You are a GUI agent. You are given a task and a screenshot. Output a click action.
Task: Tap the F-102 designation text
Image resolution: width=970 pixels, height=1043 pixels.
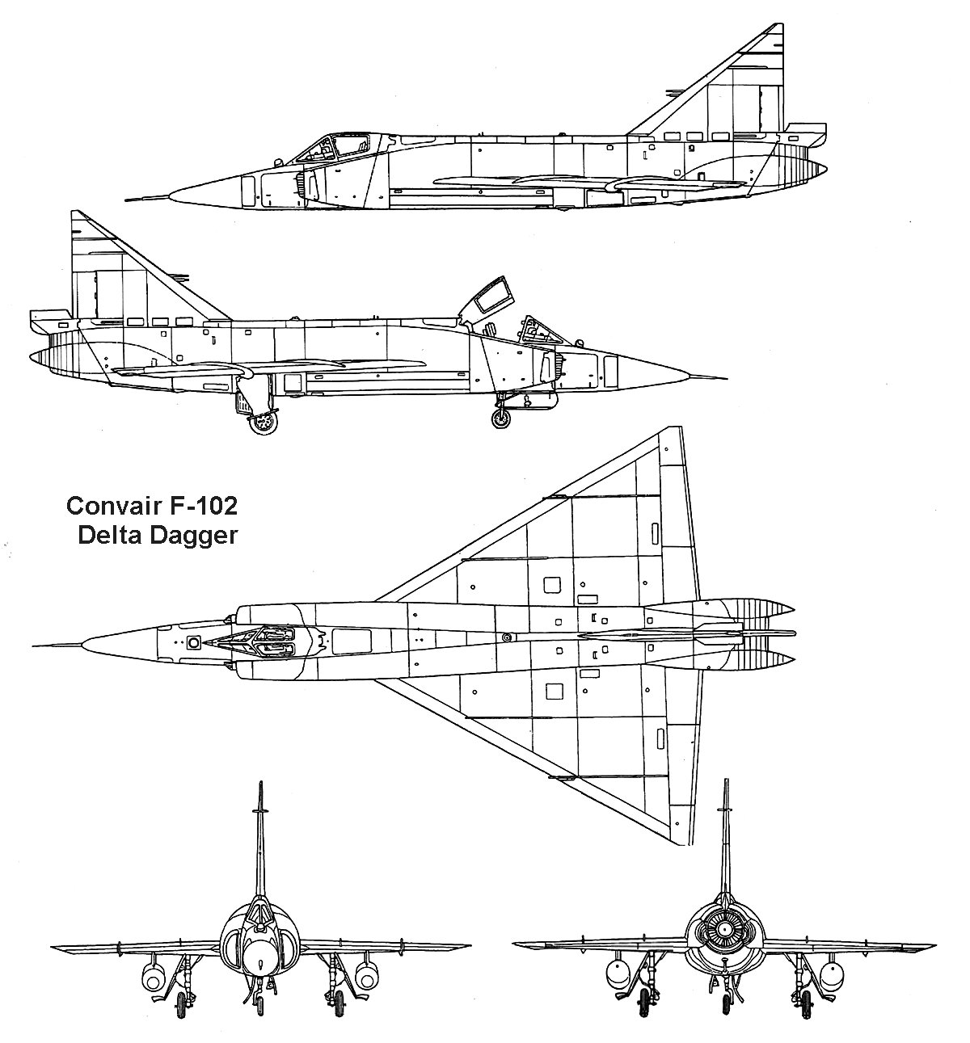(x=202, y=506)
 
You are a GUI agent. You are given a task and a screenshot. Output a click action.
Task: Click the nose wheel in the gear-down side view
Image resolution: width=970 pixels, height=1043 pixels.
(x=501, y=418)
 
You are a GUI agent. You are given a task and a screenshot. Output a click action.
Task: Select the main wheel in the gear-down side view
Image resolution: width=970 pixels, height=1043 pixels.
(x=264, y=423)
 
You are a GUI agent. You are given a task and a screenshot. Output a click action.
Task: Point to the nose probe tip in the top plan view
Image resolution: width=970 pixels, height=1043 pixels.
(x=32, y=646)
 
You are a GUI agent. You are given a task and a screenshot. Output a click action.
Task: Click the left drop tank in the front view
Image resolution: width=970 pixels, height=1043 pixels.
(x=153, y=976)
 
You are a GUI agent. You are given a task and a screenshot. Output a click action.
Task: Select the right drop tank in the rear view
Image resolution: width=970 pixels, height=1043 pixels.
(x=830, y=974)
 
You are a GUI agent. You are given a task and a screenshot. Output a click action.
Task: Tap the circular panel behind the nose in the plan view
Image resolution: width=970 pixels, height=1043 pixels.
(x=194, y=641)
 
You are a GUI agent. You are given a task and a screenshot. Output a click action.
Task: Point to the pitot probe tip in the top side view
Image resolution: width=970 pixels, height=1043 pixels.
(x=126, y=200)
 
